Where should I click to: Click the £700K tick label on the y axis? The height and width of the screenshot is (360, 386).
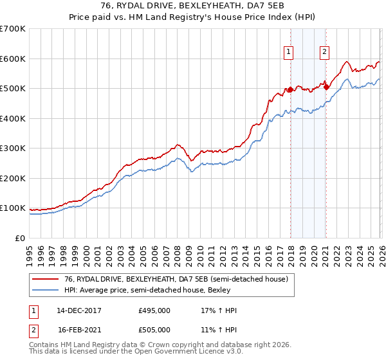(13, 29)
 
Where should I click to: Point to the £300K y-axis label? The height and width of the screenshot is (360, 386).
(13, 148)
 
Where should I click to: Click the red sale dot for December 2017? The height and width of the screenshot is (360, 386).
(290, 90)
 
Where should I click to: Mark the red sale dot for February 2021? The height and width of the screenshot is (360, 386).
(326, 87)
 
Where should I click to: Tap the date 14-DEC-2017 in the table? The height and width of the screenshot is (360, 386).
(79, 310)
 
